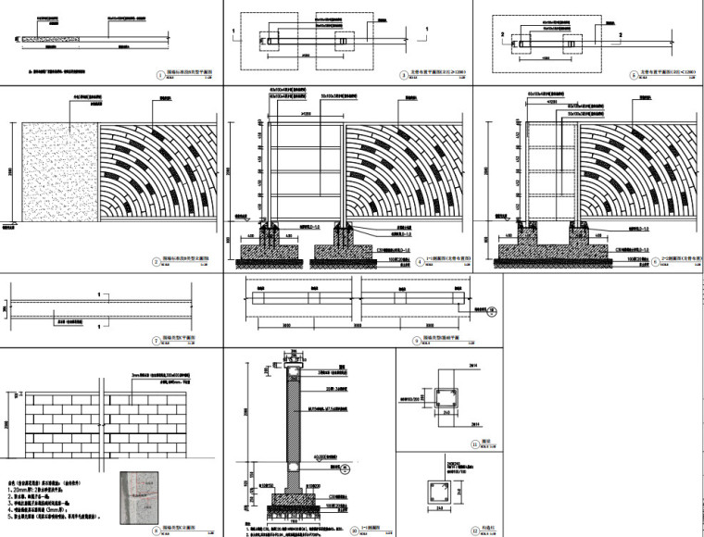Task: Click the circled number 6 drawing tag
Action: click(x=628, y=262)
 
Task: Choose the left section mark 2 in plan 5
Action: click(x=501, y=31)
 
